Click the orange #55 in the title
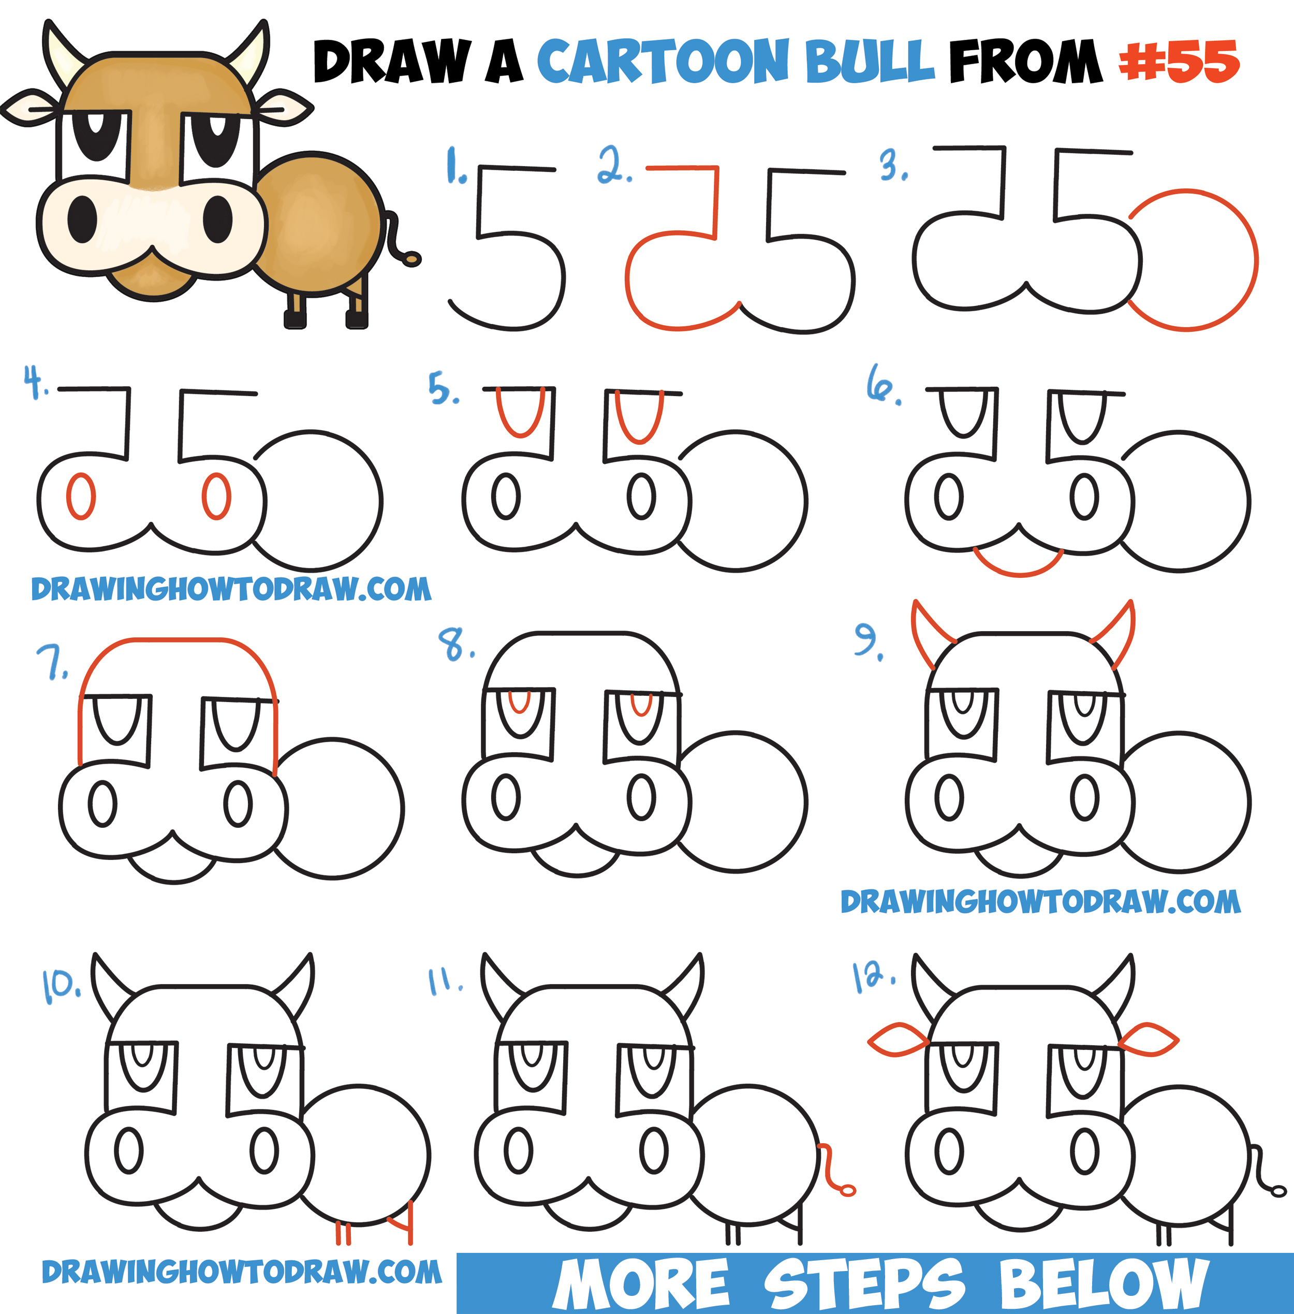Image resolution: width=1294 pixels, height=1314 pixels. pyautogui.click(x=1179, y=61)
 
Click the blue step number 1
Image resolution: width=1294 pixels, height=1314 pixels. pyautogui.click(x=454, y=167)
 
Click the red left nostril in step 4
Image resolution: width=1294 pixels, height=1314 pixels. pyautogui.click(x=81, y=496)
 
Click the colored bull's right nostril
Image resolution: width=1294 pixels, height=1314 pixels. pyautogui.click(x=217, y=219)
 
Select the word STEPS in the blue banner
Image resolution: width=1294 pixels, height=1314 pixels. pyautogui.click(x=863, y=1283)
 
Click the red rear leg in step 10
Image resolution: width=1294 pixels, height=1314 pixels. pyautogui.click(x=408, y=1223)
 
